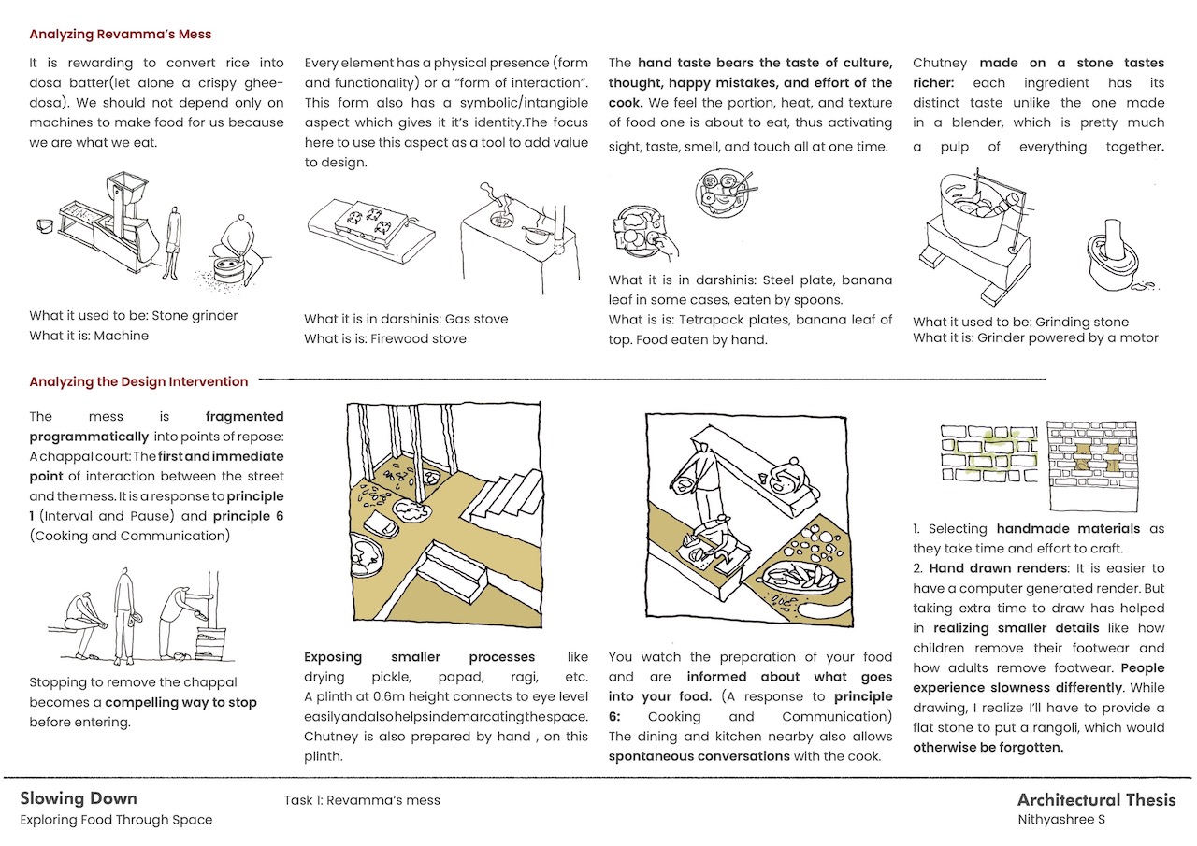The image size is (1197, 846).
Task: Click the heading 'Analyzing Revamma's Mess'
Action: pos(121,35)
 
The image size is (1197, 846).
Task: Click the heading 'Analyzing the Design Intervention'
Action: pos(138,381)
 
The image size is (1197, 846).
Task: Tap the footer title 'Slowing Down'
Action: pos(79,798)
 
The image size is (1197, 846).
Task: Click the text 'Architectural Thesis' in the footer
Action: pos(1096,799)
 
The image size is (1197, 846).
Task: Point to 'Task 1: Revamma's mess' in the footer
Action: pos(361,800)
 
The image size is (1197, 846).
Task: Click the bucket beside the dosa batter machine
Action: pos(45,225)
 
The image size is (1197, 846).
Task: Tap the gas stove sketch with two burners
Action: pos(368,223)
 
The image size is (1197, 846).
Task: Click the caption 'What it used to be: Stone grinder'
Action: pos(134,315)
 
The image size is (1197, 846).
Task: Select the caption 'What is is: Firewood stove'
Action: pos(384,338)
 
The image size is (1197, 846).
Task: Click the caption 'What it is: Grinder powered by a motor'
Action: pos(1035,337)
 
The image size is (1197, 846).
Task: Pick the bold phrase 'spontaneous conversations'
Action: pos(699,755)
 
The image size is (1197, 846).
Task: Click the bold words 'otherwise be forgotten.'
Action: pos(988,747)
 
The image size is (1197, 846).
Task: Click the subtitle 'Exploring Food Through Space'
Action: pos(116,820)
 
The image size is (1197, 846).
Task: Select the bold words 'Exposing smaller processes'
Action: pos(420,657)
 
